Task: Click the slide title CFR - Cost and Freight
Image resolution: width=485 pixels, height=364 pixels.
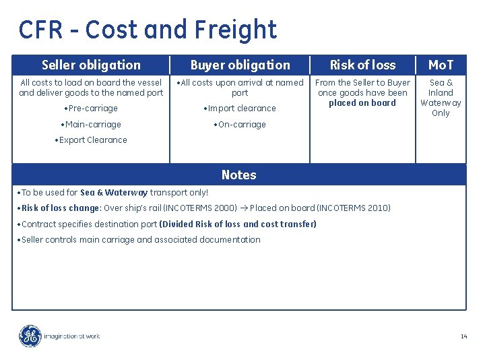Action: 148,30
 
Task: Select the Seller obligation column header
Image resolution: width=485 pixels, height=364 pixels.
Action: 91,65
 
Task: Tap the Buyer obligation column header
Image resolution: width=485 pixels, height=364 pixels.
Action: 240,65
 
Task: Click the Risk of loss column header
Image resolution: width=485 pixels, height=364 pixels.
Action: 362,65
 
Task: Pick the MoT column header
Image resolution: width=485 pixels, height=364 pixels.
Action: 441,65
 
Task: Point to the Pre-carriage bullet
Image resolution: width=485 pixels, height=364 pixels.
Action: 91,109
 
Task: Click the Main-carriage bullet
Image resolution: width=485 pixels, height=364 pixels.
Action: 91,125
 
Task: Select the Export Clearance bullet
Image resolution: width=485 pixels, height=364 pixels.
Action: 91,140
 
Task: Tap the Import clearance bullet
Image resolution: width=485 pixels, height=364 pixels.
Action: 240,109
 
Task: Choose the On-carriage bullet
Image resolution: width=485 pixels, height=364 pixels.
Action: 240,125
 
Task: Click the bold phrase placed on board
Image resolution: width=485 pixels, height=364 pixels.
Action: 362,103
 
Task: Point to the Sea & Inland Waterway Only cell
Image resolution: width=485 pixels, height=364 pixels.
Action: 441,98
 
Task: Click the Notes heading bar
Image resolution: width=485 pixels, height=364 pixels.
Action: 239,175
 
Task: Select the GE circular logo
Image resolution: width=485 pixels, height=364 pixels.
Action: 30,336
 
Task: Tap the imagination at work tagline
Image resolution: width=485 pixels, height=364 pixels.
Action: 71,336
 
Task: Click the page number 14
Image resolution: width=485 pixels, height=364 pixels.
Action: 463,336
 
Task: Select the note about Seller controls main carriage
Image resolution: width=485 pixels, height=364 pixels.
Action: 141,240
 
